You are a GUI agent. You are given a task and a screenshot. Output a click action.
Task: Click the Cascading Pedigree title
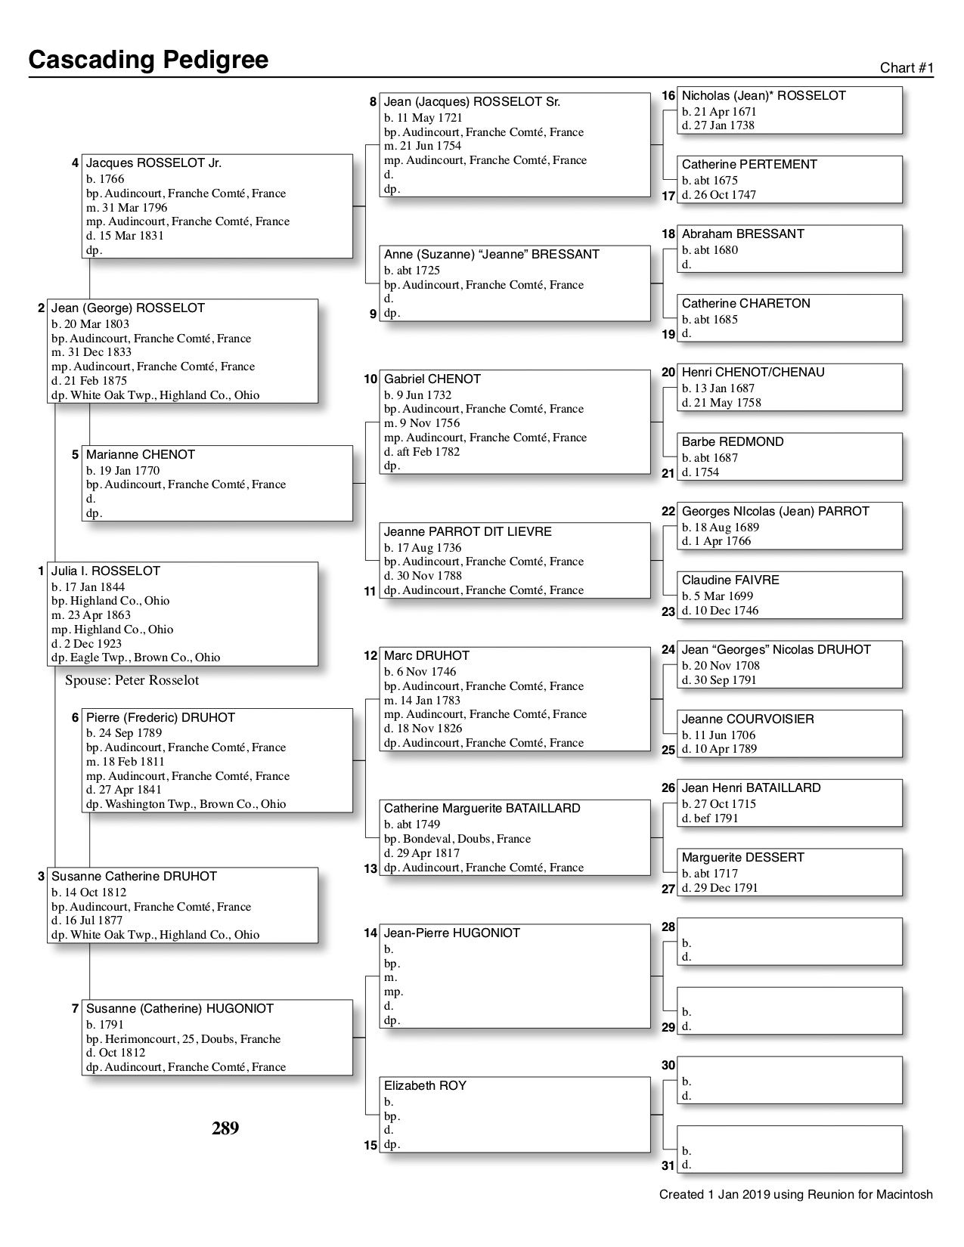tap(148, 60)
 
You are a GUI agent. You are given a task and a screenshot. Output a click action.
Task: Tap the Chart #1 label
tap(907, 68)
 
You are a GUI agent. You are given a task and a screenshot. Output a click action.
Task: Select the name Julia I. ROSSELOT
tap(105, 571)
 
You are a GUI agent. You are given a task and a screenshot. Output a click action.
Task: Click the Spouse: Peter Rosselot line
tap(132, 680)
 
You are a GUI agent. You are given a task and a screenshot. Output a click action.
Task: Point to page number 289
tap(225, 1128)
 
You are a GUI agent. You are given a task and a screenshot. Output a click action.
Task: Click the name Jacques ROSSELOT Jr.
tap(153, 162)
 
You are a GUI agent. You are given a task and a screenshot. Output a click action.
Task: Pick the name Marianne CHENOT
tap(140, 454)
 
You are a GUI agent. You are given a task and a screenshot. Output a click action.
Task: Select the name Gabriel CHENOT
tap(432, 379)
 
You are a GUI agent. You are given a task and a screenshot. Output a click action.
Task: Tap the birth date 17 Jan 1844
tap(88, 586)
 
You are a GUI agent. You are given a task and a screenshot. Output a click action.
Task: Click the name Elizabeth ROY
tap(425, 1085)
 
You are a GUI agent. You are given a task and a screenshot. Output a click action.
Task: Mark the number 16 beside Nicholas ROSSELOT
tap(668, 96)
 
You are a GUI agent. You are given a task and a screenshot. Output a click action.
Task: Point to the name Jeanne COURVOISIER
tap(748, 719)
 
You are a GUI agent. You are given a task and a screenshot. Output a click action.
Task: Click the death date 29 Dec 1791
tap(720, 888)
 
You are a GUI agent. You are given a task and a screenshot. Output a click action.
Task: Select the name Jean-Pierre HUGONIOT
tap(451, 933)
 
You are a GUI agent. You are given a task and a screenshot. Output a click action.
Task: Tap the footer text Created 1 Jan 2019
tap(795, 1195)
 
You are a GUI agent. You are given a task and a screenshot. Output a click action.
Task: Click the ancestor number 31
tap(668, 1165)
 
